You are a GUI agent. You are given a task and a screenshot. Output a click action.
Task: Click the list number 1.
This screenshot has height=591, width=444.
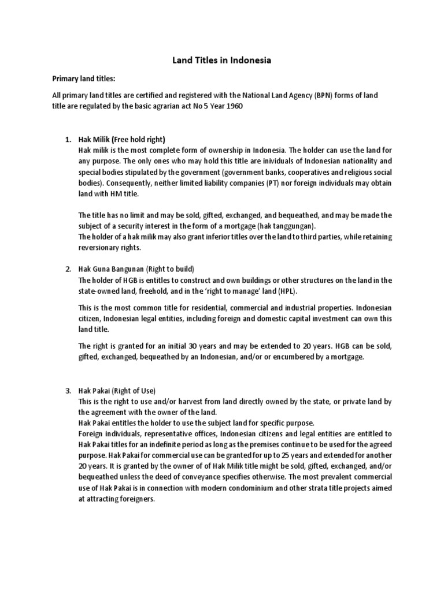[68, 139]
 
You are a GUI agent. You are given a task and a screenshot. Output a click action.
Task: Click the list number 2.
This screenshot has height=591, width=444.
[68, 269]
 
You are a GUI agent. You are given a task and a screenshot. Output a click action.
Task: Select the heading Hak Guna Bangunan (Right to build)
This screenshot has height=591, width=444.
[136, 269]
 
